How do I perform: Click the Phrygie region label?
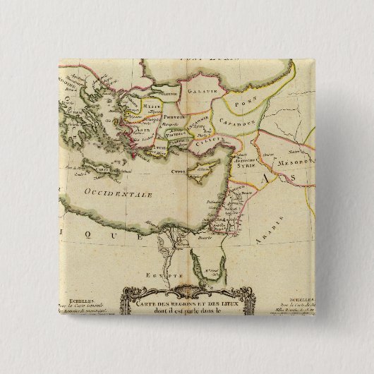tap(174, 116)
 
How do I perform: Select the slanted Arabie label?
tap(279, 227)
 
